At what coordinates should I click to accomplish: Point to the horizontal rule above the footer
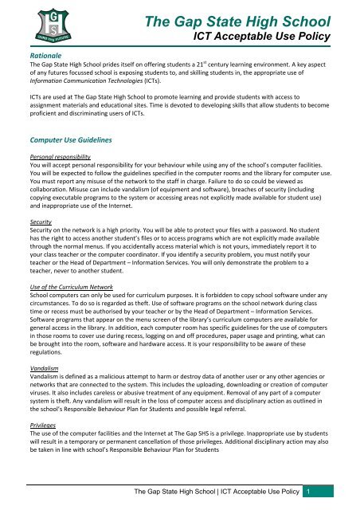(180, 481)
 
